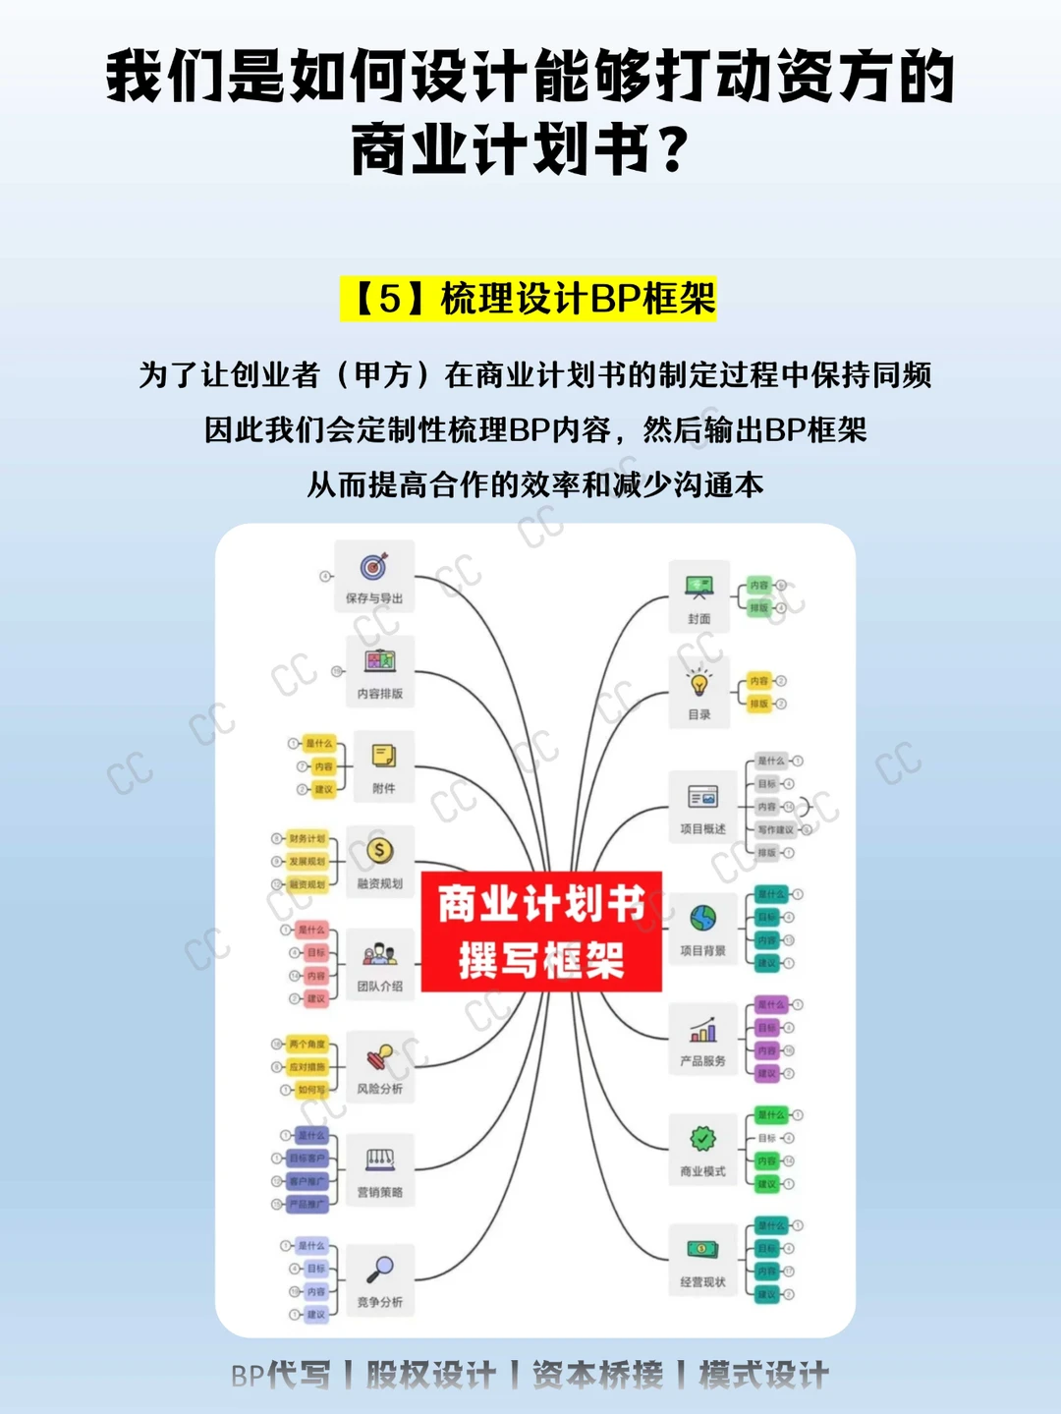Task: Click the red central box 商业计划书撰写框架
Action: (x=541, y=931)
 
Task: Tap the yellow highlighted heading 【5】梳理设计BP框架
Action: (x=529, y=299)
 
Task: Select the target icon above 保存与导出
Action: (x=374, y=566)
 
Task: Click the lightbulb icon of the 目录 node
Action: (x=699, y=682)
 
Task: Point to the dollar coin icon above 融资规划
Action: (x=380, y=850)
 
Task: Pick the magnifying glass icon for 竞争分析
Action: (x=380, y=1269)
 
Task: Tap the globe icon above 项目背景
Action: (x=703, y=918)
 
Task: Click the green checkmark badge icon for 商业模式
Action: (x=703, y=1138)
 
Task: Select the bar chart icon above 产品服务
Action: (x=703, y=1029)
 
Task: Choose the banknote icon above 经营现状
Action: (x=703, y=1249)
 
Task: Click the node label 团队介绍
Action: (x=380, y=986)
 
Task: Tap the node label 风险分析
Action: (x=380, y=1089)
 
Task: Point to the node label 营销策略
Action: (x=380, y=1192)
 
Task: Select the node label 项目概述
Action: (x=703, y=829)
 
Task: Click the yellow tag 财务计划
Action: (x=307, y=839)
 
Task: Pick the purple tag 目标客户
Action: (x=307, y=1159)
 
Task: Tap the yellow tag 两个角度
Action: (x=307, y=1044)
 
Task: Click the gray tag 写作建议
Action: (x=776, y=829)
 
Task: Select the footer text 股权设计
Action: (x=431, y=1375)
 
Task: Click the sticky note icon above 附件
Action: (x=384, y=756)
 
